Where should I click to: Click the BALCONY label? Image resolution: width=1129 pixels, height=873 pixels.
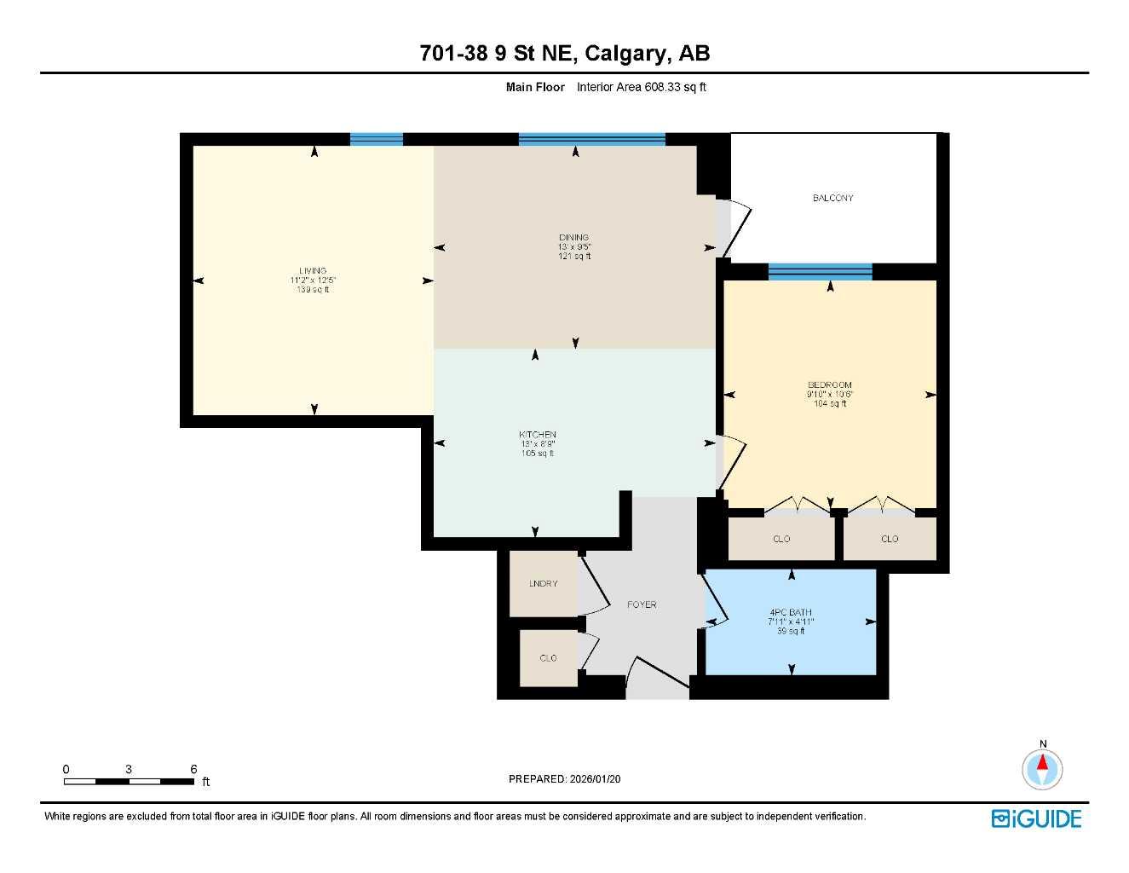pyautogui.click(x=832, y=198)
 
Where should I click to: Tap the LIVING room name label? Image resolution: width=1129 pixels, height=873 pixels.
pyautogui.click(x=313, y=271)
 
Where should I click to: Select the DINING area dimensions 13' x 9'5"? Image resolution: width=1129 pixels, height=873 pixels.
pyautogui.click(x=574, y=247)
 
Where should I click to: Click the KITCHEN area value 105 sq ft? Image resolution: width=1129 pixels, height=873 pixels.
pyautogui.click(x=537, y=454)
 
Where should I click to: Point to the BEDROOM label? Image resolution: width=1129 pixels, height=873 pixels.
pyautogui.click(x=829, y=385)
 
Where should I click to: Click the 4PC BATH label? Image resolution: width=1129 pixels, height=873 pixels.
pyautogui.click(x=790, y=612)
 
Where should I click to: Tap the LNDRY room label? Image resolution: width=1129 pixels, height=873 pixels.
pyautogui.click(x=543, y=584)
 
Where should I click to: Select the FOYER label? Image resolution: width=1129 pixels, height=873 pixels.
pyautogui.click(x=642, y=604)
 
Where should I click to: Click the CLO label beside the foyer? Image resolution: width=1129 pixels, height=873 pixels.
pyautogui.click(x=548, y=658)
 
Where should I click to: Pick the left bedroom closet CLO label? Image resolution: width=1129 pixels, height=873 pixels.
pyautogui.click(x=781, y=539)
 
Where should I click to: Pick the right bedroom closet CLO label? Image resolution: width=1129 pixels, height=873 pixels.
pyautogui.click(x=889, y=539)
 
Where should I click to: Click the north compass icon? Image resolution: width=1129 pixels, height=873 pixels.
pyautogui.click(x=1042, y=769)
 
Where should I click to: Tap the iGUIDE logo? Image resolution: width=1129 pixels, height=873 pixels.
pyautogui.click(x=1036, y=818)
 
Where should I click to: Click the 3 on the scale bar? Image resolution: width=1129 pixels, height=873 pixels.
pyautogui.click(x=129, y=769)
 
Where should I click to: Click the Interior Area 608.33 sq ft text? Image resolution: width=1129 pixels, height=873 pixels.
pyautogui.click(x=641, y=87)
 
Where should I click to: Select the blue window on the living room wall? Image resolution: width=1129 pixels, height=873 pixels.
pyautogui.click(x=376, y=140)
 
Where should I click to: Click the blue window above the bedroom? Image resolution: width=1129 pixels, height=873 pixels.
pyautogui.click(x=820, y=272)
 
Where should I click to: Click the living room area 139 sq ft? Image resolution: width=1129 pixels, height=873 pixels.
pyautogui.click(x=313, y=290)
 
